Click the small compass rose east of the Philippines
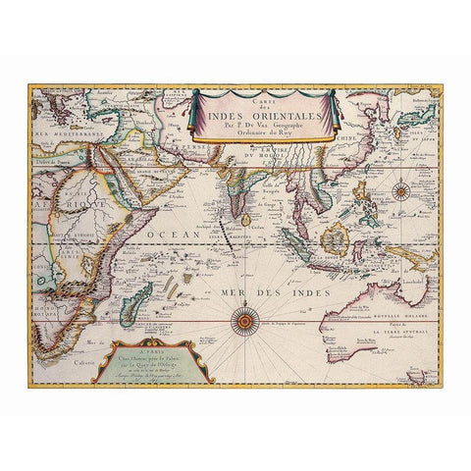[x=401, y=192]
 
